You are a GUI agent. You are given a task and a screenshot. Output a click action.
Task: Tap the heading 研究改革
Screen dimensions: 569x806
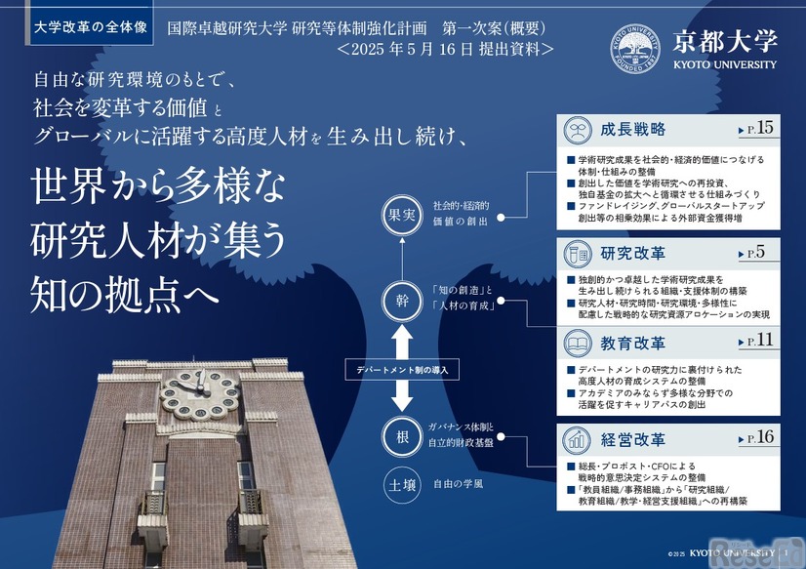pos(633,255)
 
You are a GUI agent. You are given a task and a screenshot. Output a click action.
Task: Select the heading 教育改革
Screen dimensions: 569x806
pos(633,344)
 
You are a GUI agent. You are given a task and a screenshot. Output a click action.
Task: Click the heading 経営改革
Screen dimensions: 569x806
pos(633,439)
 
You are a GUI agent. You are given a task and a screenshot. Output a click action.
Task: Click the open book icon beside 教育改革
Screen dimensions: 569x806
pos(579,344)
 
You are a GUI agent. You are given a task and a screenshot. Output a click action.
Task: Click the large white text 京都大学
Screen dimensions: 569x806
pos(724,41)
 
